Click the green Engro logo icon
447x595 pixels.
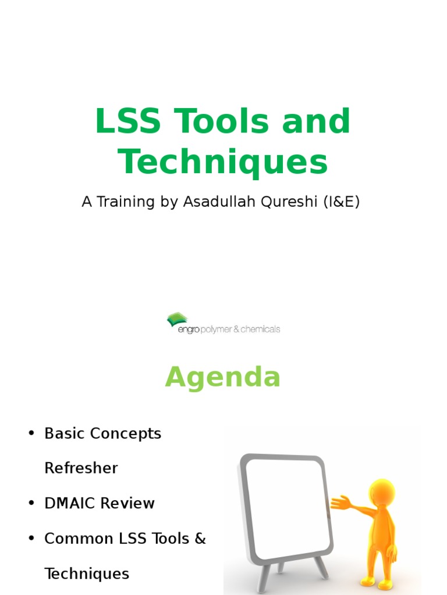[178, 320]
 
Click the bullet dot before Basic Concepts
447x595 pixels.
[31, 434]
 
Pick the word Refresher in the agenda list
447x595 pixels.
[81, 468]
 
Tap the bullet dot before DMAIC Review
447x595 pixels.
[31, 504]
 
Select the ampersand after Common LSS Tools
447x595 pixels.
[200, 539]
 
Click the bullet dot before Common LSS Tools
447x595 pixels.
[31, 539]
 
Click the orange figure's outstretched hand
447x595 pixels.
[339, 501]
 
